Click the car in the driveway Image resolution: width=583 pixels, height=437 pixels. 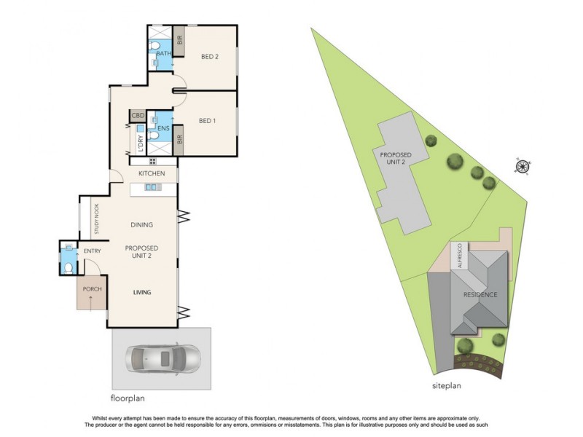point(161,358)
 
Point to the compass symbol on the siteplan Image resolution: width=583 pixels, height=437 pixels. point(522,167)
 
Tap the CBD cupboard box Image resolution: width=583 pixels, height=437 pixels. point(137,116)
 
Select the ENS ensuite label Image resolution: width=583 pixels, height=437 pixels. point(163,129)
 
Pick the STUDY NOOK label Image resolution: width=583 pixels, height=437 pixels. point(95,219)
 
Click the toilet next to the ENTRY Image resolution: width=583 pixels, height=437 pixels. point(69,267)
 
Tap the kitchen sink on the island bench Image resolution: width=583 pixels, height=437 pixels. point(152,188)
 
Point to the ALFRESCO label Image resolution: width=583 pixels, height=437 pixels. point(460,256)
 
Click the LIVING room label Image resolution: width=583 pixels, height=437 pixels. point(141,292)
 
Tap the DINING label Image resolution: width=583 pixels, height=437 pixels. point(141,225)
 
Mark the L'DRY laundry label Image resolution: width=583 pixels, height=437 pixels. point(139,140)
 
